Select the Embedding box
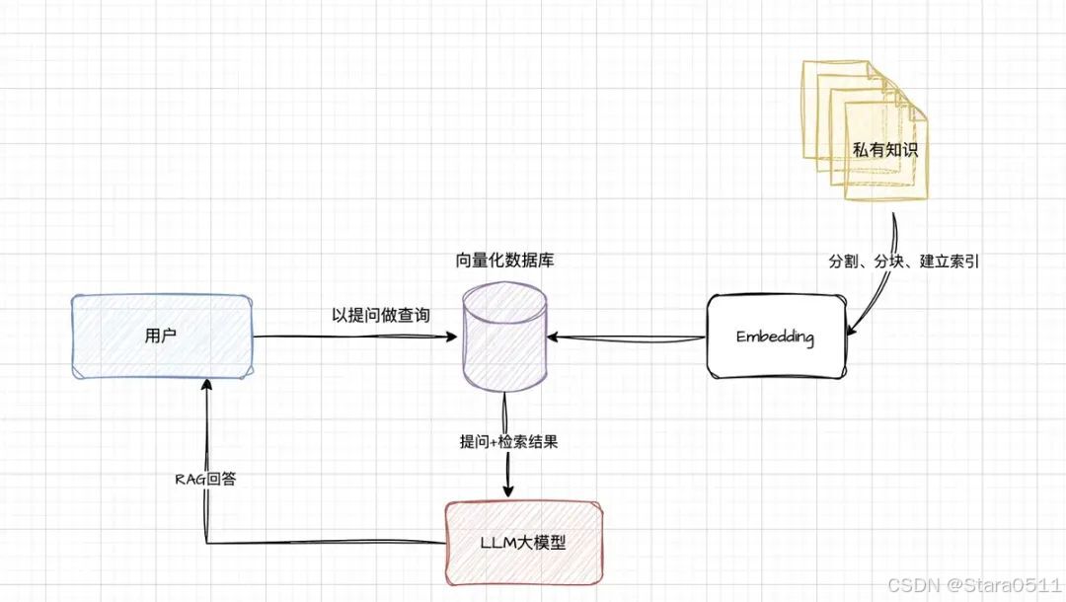pyautogui.click(x=776, y=337)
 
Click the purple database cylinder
pyautogui.click(x=504, y=339)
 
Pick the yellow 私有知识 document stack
pyautogui.click(x=865, y=132)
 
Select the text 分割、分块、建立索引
pyautogui.click(x=903, y=263)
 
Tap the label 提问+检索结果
pyautogui.click(x=509, y=441)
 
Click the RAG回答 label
pyautogui.click(x=205, y=479)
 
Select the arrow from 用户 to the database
pyautogui.click(x=355, y=338)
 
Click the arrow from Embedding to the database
pyautogui.click(x=628, y=339)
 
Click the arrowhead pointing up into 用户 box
pyautogui.click(x=205, y=387)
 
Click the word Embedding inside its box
pyautogui.click(x=776, y=337)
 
